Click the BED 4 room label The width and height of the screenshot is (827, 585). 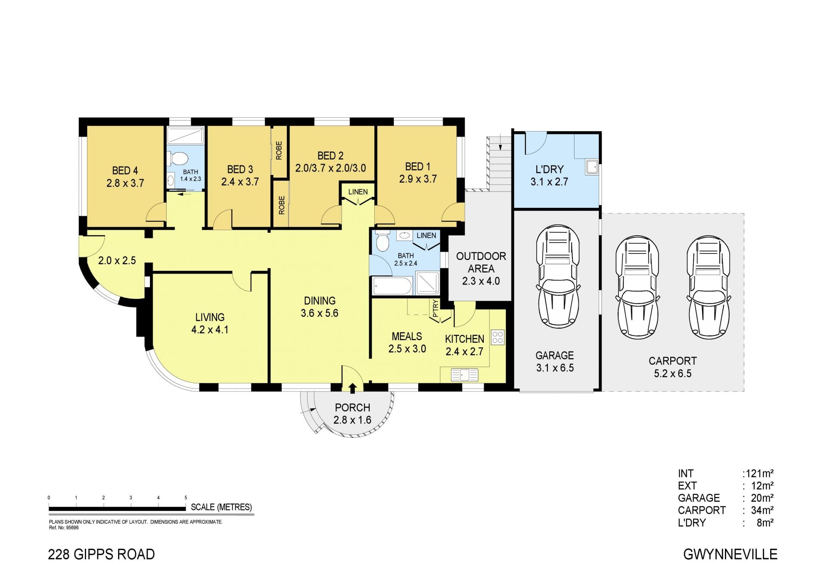(125, 171)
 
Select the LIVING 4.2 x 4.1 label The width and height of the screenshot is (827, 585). (210, 323)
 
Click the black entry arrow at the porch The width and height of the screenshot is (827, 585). (352, 388)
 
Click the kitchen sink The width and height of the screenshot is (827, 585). (464, 375)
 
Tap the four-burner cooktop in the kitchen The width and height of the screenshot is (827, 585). (498, 337)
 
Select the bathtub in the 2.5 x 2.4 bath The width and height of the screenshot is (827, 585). (392, 286)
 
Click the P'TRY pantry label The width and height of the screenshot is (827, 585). (435, 309)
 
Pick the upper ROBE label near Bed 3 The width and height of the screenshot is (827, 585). (279, 150)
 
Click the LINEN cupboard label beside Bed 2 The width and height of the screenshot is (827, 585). (358, 192)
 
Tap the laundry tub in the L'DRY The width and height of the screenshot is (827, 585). (591, 166)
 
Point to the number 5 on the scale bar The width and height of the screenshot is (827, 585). (186, 497)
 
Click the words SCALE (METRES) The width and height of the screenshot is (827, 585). (221, 507)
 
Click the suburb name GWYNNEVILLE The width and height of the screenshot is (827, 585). (731, 554)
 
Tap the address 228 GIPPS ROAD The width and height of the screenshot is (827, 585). (101, 554)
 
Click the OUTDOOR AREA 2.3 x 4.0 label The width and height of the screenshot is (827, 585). (481, 269)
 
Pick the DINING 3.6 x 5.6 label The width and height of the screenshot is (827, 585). (320, 307)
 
